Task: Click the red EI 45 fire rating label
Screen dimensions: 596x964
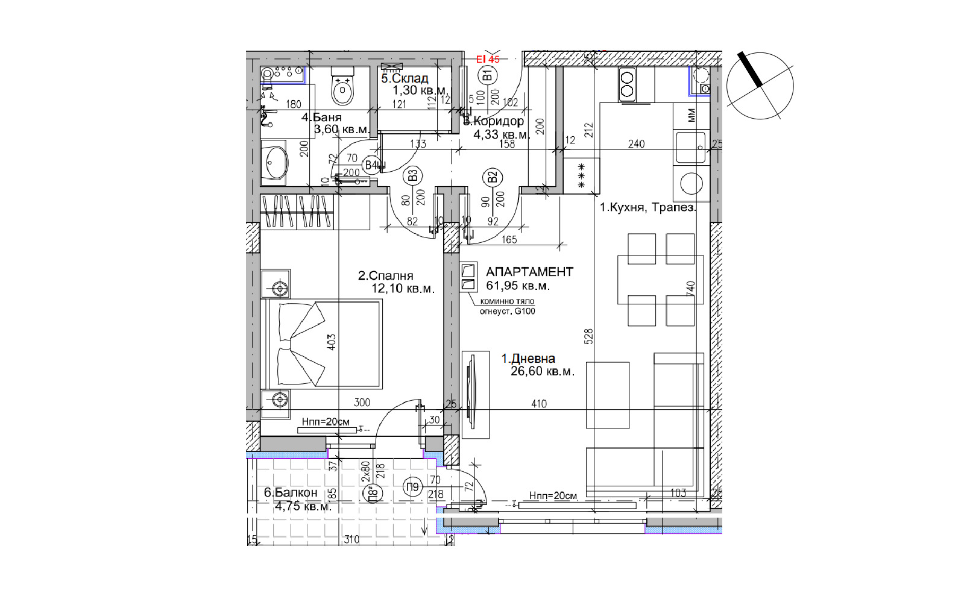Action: (488, 59)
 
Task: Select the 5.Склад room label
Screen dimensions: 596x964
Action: (405, 78)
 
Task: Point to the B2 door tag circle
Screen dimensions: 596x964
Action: (492, 177)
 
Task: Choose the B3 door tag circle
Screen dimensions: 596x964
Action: (412, 176)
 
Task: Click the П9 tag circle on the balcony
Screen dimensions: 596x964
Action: (412, 487)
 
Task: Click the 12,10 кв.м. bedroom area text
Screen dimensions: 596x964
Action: (403, 289)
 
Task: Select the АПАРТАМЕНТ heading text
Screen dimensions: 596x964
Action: (529, 272)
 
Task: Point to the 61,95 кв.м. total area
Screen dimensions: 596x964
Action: (518, 286)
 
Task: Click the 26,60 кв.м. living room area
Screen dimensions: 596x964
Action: (542, 371)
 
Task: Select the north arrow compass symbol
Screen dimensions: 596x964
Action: (760, 85)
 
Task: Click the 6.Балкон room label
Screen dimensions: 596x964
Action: (291, 492)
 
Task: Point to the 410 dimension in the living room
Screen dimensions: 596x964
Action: (539, 404)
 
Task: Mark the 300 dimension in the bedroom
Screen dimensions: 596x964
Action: (362, 403)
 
